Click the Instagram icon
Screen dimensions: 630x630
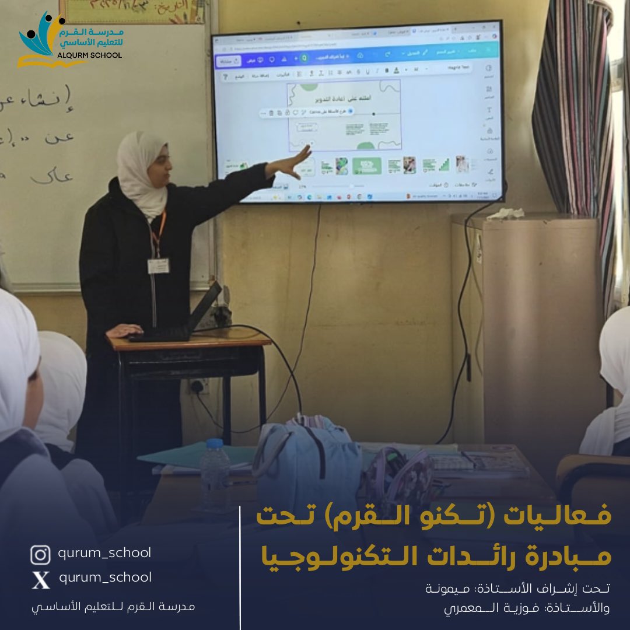tap(40, 554)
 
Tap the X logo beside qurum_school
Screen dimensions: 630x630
tap(40, 579)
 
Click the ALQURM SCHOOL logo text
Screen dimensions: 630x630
tap(87, 55)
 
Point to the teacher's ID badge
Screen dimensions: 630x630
tap(158, 266)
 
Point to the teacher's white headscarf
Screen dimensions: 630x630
tap(140, 169)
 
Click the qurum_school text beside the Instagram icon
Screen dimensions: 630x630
tap(104, 552)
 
